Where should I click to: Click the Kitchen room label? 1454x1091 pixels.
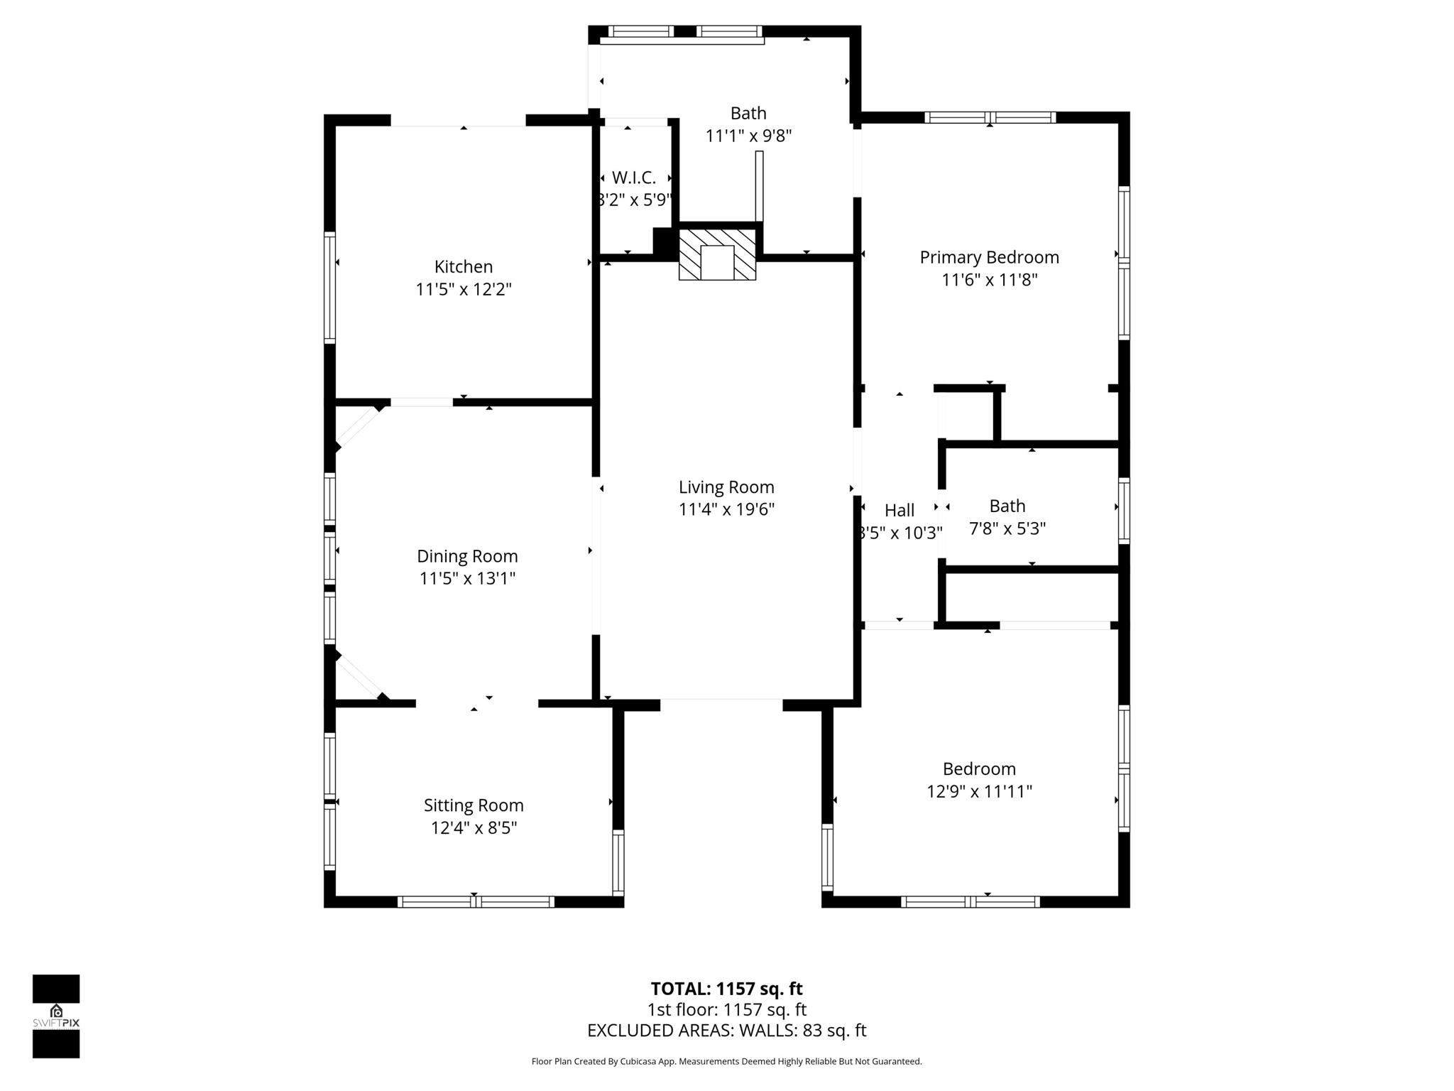(x=463, y=266)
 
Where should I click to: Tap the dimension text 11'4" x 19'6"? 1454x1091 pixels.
(x=726, y=509)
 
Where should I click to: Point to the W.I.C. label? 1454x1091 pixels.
(x=633, y=178)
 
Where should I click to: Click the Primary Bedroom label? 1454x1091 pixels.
(x=989, y=257)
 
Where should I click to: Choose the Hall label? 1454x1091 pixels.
(x=899, y=510)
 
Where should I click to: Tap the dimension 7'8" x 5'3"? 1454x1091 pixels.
(x=1007, y=528)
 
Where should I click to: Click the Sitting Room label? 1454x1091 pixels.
(x=474, y=805)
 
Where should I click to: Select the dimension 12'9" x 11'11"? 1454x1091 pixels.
(x=979, y=791)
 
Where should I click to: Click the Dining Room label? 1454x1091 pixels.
(x=467, y=556)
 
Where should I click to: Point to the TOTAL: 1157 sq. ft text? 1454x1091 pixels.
(x=726, y=989)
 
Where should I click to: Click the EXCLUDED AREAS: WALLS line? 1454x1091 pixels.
(x=726, y=1031)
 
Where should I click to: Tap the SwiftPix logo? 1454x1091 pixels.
(x=56, y=1016)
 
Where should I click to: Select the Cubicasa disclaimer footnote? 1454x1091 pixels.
(x=726, y=1061)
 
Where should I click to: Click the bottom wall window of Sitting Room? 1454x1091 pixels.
(x=476, y=901)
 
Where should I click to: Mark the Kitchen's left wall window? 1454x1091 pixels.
(x=329, y=288)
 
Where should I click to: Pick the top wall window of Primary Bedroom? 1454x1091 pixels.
(x=990, y=117)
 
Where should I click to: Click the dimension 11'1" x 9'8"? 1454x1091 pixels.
(x=748, y=136)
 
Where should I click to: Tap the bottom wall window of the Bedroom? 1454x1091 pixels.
(x=970, y=901)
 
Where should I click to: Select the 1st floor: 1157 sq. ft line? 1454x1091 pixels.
(x=726, y=1009)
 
